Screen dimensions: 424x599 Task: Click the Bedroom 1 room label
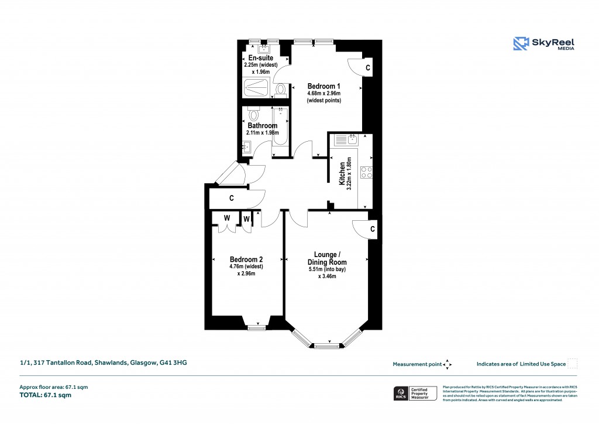tap(323, 87)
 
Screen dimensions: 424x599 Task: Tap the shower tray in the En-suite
tap(257, 90)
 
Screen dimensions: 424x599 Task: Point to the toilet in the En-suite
tap(281, 90)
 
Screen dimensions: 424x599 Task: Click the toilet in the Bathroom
tap(253, 114)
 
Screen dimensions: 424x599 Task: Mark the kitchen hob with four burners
tap(367, 172)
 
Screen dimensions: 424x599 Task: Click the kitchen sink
tap(353, 139)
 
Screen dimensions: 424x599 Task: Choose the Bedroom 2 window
tap(256, 328)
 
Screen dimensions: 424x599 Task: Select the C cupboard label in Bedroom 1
tap(367, 68)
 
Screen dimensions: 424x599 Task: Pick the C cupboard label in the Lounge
tap(373, 229)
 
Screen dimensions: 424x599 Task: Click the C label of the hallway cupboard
tap(232, 199)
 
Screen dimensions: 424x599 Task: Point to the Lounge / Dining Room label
tap(326, 258)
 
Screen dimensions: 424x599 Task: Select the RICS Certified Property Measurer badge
tap(415, 393)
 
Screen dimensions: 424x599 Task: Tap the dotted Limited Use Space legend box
tap(573, 364)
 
